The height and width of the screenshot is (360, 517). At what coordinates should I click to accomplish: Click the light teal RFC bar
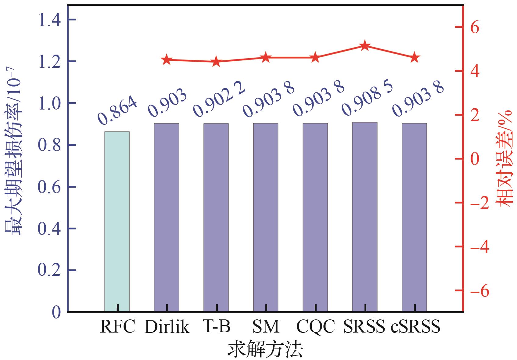tap(117, 221)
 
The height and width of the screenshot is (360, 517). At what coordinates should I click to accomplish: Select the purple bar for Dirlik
tap(167, 217)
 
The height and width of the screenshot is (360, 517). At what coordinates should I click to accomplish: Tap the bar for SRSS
tap(364, 217)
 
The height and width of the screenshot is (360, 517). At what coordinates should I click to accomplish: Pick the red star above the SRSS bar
tap(364, 46)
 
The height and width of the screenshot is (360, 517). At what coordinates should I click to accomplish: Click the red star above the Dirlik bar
tap(167, 60)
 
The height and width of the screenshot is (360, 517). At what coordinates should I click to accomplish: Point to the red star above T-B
tap(216, 61)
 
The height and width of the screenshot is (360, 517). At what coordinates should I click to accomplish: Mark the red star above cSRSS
tap(414, 58)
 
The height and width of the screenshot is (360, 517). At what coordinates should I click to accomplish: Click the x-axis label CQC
tap(315, 327)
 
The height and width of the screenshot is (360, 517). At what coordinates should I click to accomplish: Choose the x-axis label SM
tap(266, 327)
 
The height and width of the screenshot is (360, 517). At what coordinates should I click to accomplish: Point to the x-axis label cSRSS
tap(416, 327)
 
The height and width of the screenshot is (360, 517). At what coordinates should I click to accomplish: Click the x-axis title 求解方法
tap(265, 350)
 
